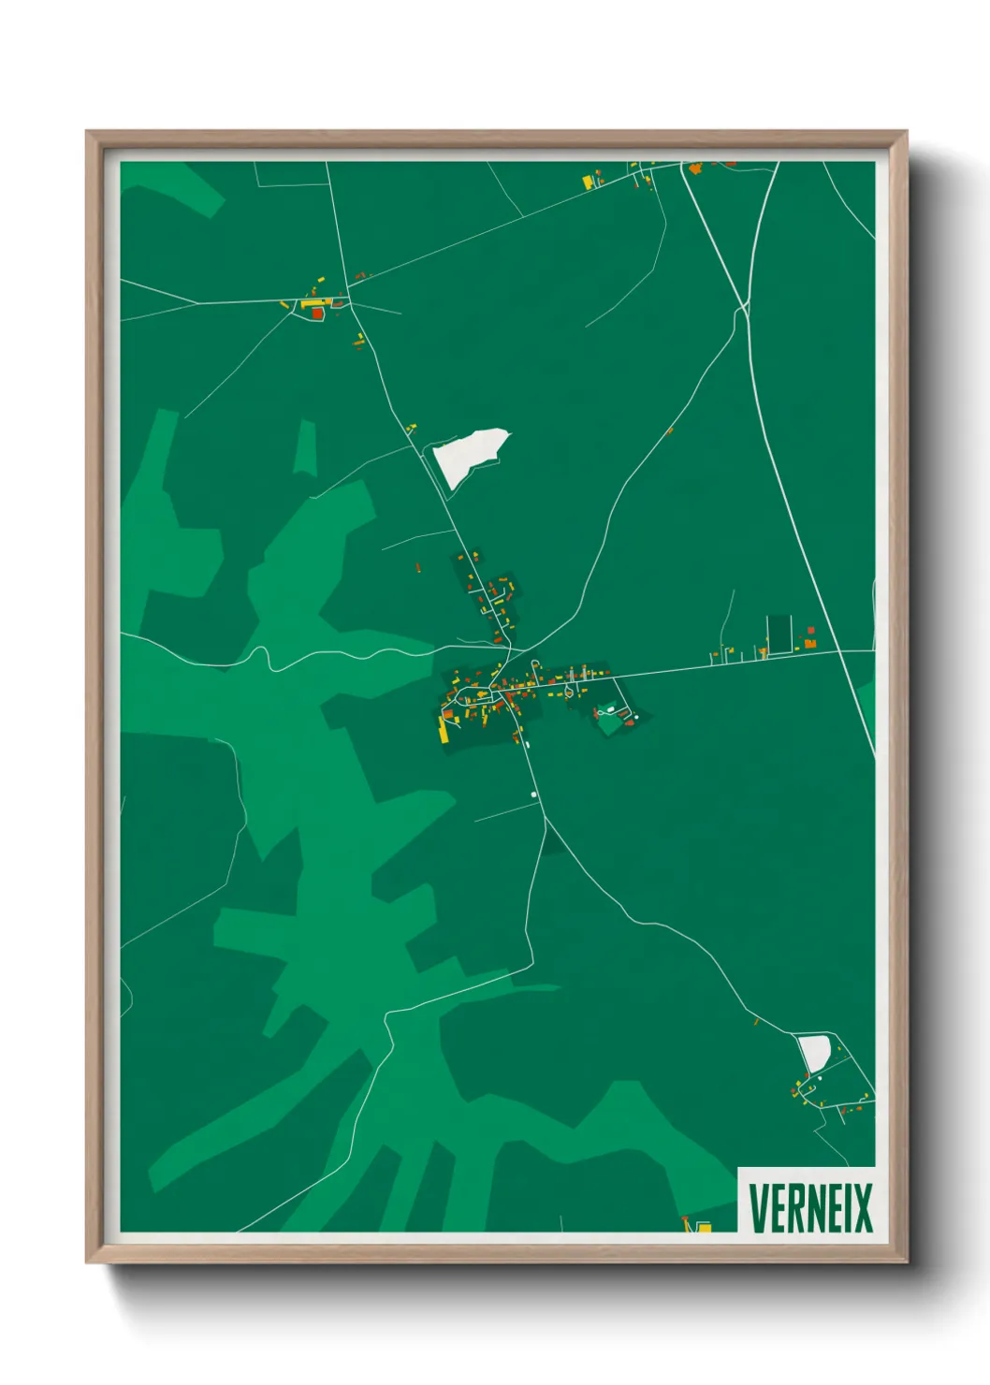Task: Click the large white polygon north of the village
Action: (x=469, y=456)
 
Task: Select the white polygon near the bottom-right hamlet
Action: (x=814, y=1052)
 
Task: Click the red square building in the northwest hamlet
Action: (x=317, y=313)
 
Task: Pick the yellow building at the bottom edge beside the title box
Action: (x=704, y=1226)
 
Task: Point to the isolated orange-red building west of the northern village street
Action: (x=418, y=566)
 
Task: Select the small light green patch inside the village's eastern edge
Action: (x=609, y=720)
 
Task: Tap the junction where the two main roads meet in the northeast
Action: (x=744, y=307)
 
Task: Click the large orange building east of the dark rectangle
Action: (x=809, y=643)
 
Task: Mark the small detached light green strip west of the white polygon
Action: (x=305, y=449)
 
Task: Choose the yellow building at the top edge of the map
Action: (x=589, y=182)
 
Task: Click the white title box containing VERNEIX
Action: (x=807, y=1200)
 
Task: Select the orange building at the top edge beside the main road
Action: (x=695, y=168)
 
